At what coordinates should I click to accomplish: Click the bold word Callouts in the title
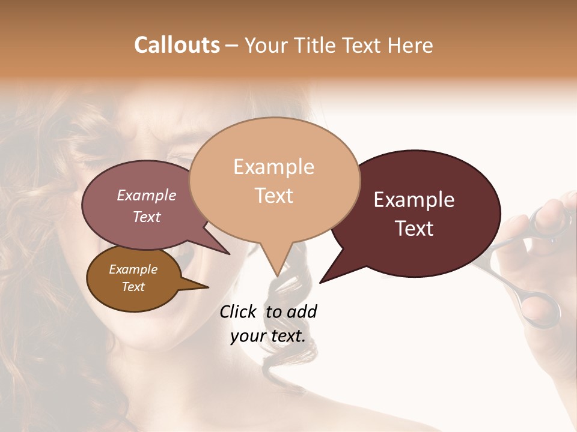(x=177, y=45)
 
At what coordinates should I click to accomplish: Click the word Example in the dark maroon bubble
(x=414, y=200)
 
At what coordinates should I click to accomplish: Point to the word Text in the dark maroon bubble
(x=414, y=229)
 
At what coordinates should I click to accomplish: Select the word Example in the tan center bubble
(x=273, y=167)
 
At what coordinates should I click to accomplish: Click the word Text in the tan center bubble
(x=274, y=196)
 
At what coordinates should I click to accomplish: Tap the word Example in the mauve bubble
(x=147, y=195)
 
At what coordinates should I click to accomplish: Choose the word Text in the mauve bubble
(x=147, y=217)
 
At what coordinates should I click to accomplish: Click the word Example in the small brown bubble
(x=133, y=269)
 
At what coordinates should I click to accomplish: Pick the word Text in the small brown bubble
(x=133, y=287)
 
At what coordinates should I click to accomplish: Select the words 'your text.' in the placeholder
(x=268, y=337)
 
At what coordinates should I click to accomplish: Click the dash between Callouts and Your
(x=231, y=46)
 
